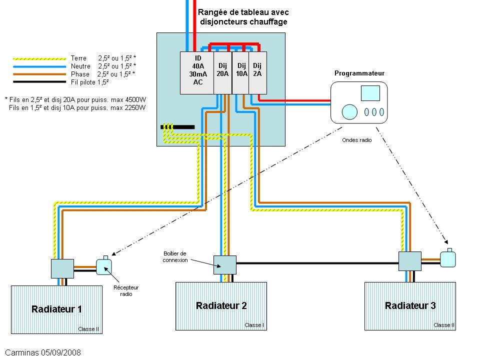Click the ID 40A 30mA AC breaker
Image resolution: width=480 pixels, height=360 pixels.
[197, 72]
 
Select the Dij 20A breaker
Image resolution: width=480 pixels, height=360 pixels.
[223, 72]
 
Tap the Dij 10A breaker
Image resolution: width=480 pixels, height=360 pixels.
[241, 72]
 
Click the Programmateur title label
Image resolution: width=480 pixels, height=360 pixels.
[359, 73]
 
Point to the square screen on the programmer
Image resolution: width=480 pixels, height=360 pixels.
[370, 93]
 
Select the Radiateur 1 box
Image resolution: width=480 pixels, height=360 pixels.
[56, 309]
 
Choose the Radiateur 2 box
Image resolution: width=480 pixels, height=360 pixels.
[221, 305]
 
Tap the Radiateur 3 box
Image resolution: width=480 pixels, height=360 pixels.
[410, 305]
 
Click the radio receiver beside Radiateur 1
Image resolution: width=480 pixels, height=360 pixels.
[104, 266]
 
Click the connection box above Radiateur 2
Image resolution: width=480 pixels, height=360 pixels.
[224, 264]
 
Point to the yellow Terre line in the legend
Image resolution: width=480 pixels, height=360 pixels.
[39, 58]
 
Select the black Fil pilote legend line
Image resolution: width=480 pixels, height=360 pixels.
[39, 81]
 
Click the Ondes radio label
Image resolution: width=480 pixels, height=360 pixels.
[357, 140]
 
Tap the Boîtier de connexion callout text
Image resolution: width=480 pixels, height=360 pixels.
[174, 256]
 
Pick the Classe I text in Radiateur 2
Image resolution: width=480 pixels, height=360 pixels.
[254, 325]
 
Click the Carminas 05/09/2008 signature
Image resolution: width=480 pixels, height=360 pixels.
[43, 352]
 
